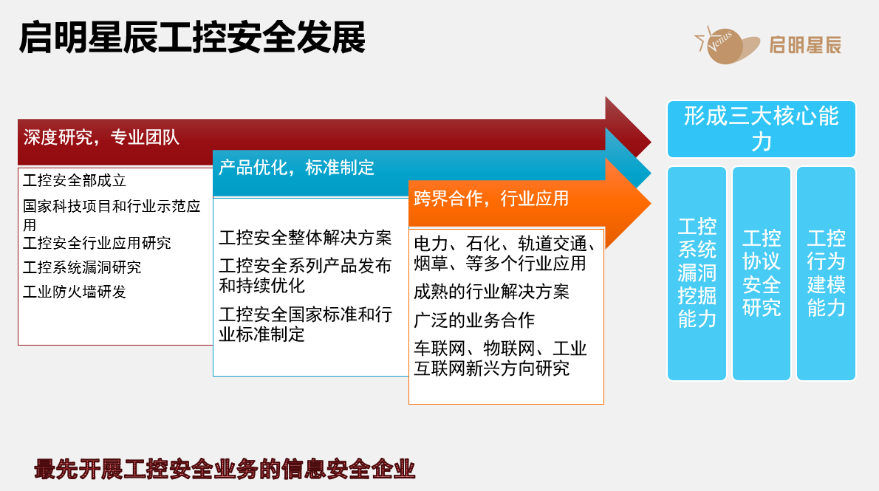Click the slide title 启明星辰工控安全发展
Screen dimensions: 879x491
point(192,38)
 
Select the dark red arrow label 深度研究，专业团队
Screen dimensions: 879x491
point(101,137)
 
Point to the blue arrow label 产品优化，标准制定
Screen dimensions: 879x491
point(296,167)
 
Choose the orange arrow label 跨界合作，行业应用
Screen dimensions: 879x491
point(491,199)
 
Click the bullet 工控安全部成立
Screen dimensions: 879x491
point(75,180)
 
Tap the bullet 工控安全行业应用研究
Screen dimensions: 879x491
point(97,243)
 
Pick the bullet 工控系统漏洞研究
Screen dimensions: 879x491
point(83,267)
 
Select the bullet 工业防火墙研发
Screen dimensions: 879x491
point(75,292)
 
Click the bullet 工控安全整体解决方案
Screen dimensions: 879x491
point(306,238)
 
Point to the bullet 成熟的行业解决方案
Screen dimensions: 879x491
point(492,292)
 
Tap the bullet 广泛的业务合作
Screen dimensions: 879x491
point(474,320)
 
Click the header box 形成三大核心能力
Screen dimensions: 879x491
point(762,129)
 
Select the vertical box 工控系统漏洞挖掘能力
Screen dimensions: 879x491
point(697,273)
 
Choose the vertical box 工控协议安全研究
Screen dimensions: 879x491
point(762,273)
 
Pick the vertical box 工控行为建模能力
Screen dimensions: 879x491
point(827,273)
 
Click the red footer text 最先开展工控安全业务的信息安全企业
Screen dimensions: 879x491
point(225,469)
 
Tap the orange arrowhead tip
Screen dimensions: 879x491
point(651,204)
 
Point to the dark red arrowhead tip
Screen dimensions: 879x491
point(651,141)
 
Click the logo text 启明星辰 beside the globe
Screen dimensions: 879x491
point(805,45)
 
